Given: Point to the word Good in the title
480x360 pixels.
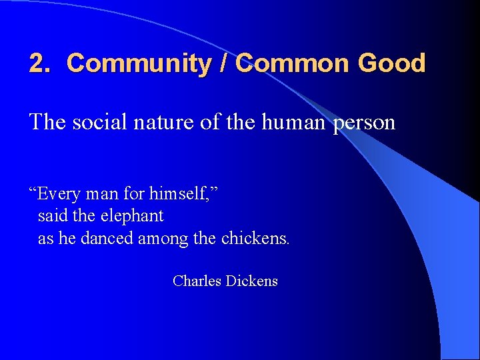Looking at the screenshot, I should (x=391, y=63).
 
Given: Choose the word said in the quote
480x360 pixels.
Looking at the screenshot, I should (x=51, y=216).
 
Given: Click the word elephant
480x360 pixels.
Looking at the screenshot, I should (x=132, y=217).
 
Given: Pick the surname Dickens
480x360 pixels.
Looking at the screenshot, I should (x=252, y=281).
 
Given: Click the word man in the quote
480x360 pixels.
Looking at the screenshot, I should (x=105, y=195).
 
